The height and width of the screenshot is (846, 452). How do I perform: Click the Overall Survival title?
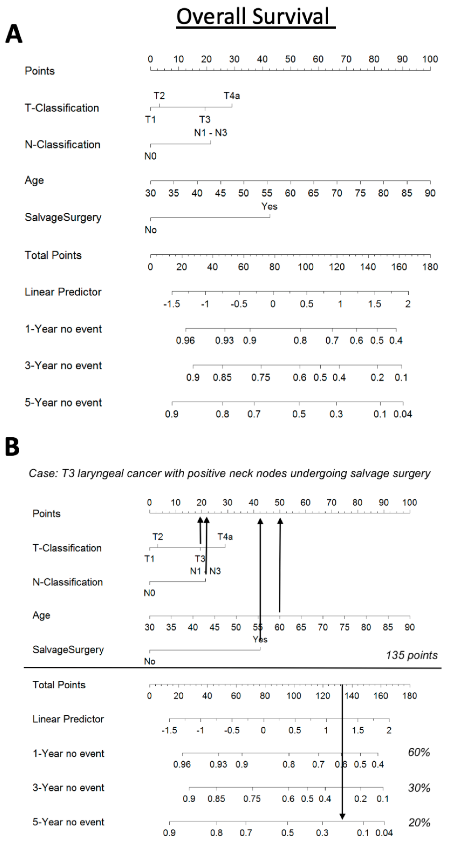[253, 16]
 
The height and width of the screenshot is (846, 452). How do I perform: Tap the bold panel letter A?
[14, 34]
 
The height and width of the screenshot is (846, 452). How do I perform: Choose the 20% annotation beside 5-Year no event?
[419, 823]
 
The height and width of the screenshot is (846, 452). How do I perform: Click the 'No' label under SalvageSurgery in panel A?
[151, 230]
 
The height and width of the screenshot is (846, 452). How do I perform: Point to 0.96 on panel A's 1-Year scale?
[185, 341]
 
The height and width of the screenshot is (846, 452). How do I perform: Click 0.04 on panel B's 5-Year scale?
[384, 833]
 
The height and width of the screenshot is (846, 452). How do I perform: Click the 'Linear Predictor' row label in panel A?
[63, 292]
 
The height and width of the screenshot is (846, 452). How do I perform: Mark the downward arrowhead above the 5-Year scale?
[342, 816]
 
